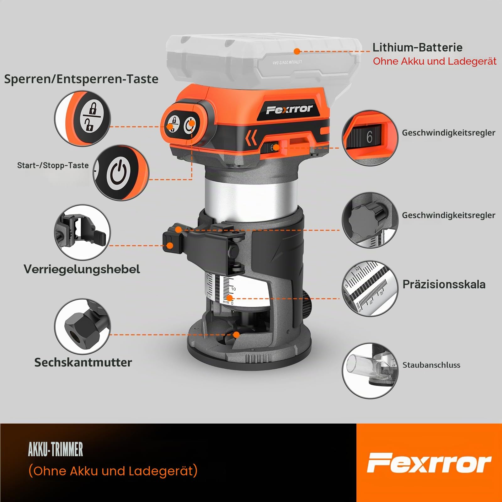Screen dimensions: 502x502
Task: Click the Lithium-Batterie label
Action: pos(417,47)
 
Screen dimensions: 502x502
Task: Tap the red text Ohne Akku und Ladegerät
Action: pos(435,61)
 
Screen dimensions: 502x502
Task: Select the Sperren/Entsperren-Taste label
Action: pos(81,79)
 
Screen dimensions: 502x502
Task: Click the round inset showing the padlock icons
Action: pos(83,119)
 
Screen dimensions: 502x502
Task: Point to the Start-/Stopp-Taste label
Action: pos(53,165)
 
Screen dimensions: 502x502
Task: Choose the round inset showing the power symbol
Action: pos(121,173)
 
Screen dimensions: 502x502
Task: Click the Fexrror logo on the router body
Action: pos(289,109)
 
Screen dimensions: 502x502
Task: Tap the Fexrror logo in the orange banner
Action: pos(429,463)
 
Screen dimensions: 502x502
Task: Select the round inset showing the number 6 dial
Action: pos(370,138)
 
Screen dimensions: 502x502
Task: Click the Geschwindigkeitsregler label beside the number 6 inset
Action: pos(449,133)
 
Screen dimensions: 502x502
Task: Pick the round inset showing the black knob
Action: pos(370,221)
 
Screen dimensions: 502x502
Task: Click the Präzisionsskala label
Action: pos(444,284)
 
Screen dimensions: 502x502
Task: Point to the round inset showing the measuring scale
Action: pos(370,289)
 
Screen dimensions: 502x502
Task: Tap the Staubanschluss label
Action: pos(431,365)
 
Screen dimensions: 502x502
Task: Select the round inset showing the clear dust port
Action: pos(370,371)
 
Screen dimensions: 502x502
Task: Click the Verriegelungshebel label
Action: pos(82,269)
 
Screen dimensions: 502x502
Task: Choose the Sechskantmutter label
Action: pos(83,362)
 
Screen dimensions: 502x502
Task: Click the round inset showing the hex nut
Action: pos(83,327)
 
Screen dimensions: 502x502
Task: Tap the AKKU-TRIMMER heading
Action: pos(56,449)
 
